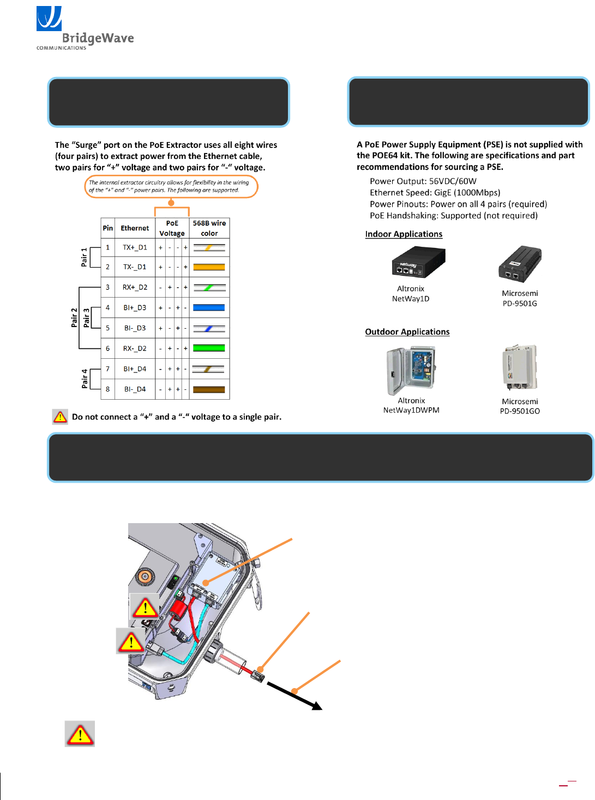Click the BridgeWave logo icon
coord(49,19)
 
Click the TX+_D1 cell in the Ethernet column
coord(135,247)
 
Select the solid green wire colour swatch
coord(209,348)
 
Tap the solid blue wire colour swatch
coord(209,307)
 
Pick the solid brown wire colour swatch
coord(209,389)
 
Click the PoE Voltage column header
coord(172,228)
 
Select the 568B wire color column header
coord(209,228)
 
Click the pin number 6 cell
coord(107,348)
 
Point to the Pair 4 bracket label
coord(85,378)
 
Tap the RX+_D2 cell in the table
coord(135,287)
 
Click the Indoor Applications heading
coord(404,234)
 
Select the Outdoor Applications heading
coord(407,332)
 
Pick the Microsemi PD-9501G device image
coord(520,264)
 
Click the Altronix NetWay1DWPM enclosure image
coord(411,370)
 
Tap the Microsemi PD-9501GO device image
coord(520,367)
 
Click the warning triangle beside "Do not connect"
coord(60,417)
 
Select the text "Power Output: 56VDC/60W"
coord(423,181)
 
